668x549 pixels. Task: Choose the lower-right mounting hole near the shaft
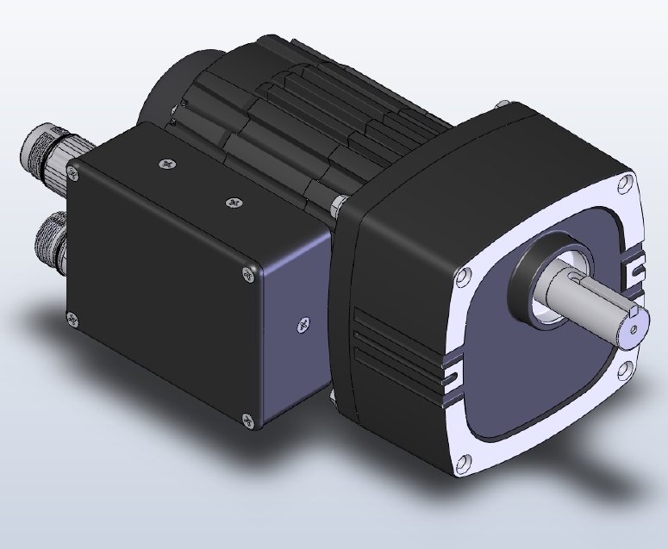coord(622,372)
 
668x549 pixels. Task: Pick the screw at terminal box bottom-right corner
coord(249,420)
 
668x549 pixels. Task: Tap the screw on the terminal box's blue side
coord(302,324)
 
